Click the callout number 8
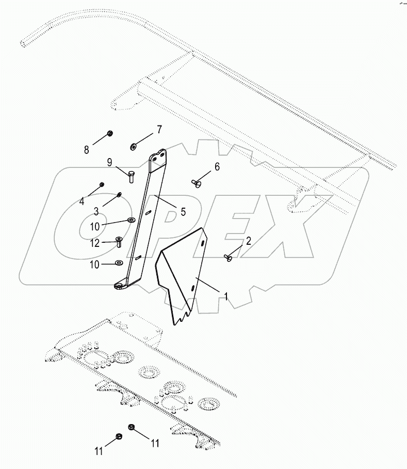pyautogui.click(x=87, y=150)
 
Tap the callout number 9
pyautogui.click(x=109, y=163)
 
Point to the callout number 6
pyautogui.click(x=217, y=166)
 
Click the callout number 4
pyautogui.click(x=82, y=201)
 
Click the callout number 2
pyautogui.click(x=248, y=241)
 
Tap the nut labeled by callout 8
pyautogui.click(x=110, y=134)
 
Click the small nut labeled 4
pyautogui.click(x=102, y=184)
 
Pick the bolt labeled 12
pyautogui.click(x=118, y=241)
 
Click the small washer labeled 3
pyautogui.click(x=119, y=194)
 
